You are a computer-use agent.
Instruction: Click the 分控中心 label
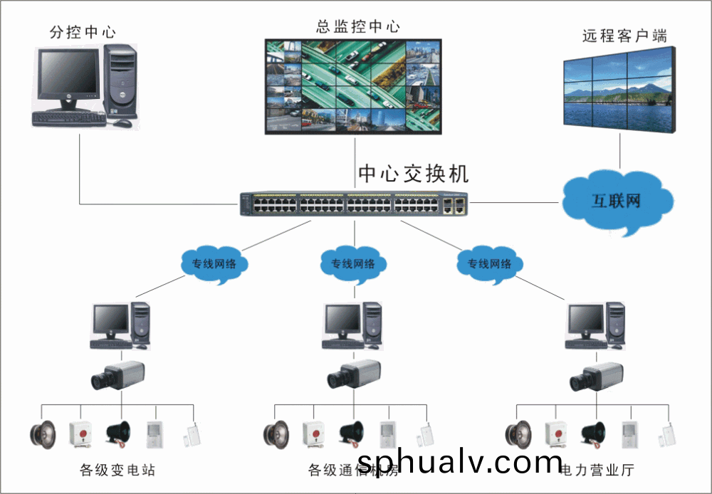[x=83, y=32]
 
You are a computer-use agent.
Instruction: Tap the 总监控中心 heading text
[x=358, y=28]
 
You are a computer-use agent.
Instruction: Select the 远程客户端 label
[x=624, y=36]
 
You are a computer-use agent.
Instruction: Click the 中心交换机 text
[x=414, y=174]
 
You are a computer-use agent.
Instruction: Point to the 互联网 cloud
[x=617, y=201]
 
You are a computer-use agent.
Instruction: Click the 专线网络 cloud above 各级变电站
[x=214, y=264]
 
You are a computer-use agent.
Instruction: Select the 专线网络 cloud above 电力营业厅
[x=490, y=264]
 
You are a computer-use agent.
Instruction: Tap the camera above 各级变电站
[x=118, y=375]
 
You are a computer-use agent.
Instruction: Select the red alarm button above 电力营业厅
[x=557, y=432]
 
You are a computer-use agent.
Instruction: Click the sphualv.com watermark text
[x=459, y=463]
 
